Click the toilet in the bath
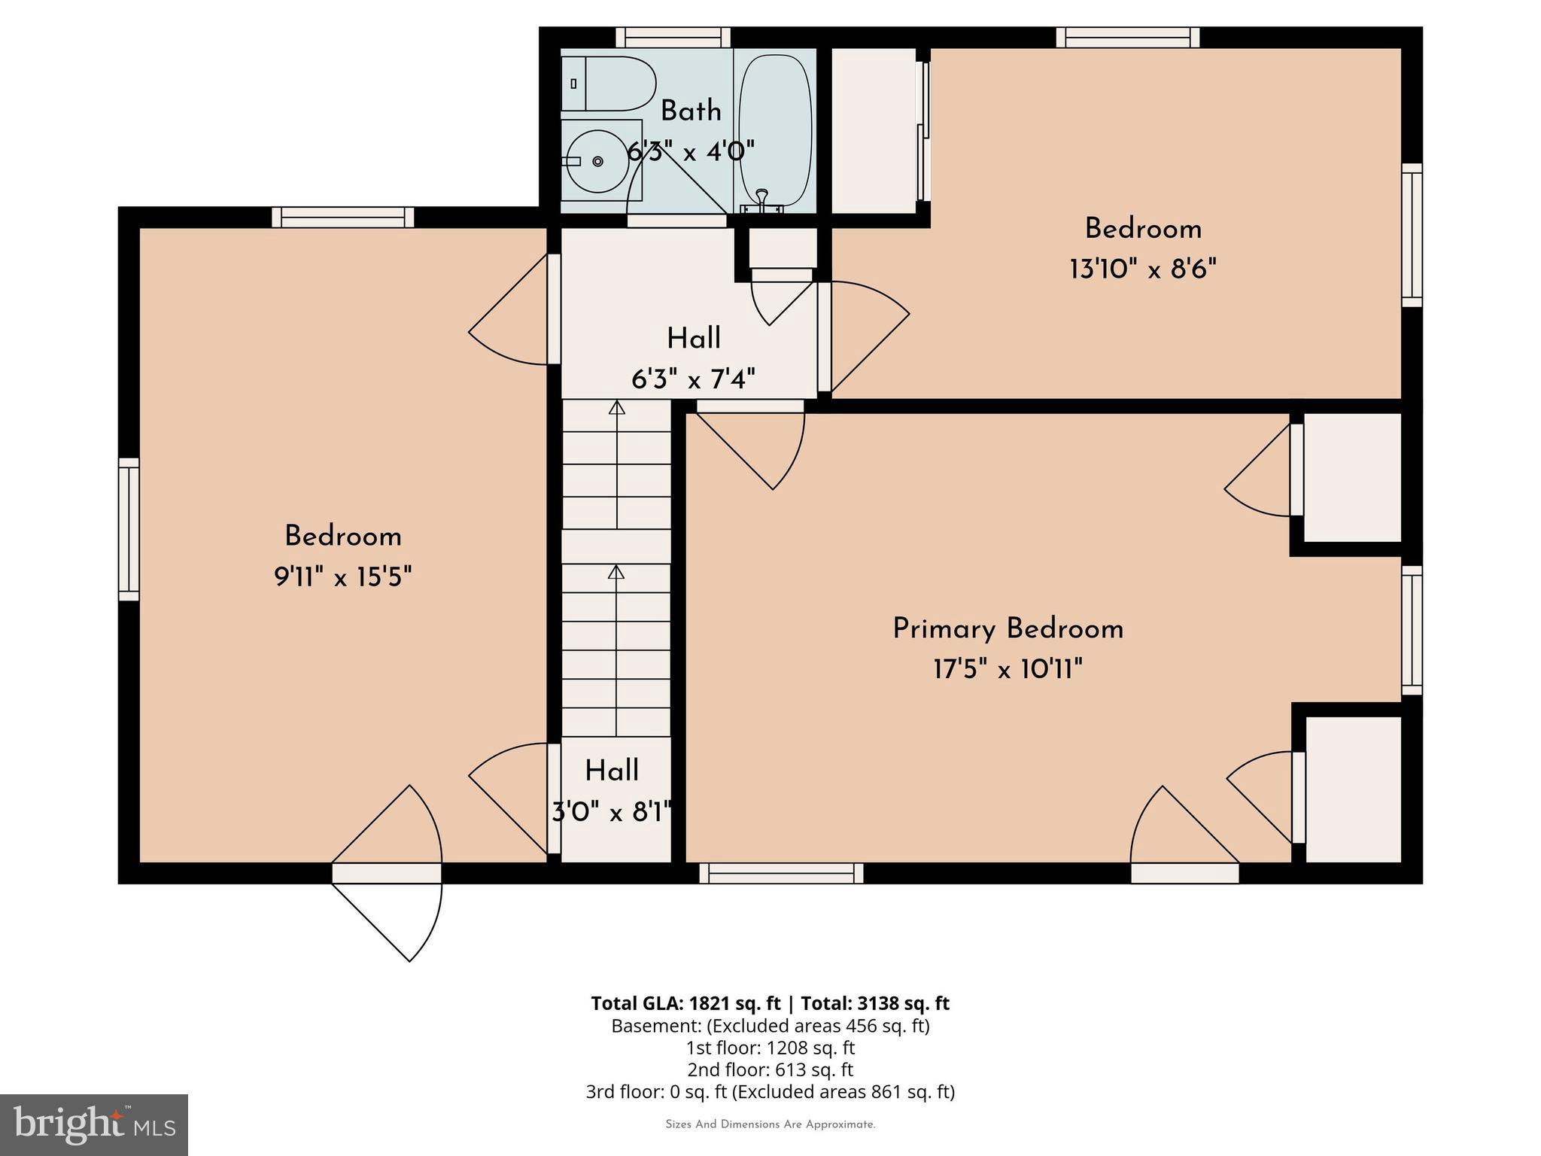click(x=607, y=84)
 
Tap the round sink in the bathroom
click(x=597, y=161)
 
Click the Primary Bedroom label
click(x=1008, y=629)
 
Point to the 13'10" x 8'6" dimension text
click(x=1142, y=269)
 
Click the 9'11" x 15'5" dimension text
click(x=342, y=577)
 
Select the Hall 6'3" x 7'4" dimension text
click(x=693, y=379)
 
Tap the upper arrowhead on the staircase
click(x=617, y=408)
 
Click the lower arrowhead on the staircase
click(x=616, y=572)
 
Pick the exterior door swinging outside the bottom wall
click(x=391, y=914)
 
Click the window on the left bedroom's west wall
click(x=129, y=529)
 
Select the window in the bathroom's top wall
click(x=673, y=38)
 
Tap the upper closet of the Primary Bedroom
click(x=1352, y=477)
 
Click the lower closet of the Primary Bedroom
click(x=1353, y=789)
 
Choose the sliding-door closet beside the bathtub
click(x=873, y=130)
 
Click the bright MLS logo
click(x=94, y=1124)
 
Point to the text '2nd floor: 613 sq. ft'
click(x=770, y=1069)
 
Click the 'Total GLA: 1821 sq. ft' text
click(x=685, y=1003)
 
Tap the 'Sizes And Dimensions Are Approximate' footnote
click(x=770, y=1124)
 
